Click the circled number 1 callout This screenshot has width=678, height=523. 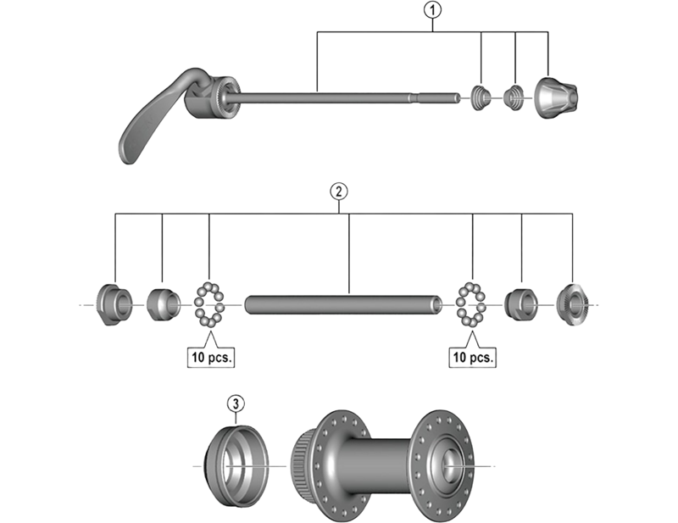coord(433,10)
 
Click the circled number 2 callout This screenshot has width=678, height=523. coord(338,191)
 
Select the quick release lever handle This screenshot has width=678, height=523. coord(153,119)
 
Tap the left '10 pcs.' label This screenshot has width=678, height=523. coord(209,357)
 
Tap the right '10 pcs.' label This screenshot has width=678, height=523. coord(472,357)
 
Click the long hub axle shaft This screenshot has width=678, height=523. coord(343,303)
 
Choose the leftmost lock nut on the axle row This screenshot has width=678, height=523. coord(114,303)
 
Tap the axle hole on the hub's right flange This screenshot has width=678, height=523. coord(447,464)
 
